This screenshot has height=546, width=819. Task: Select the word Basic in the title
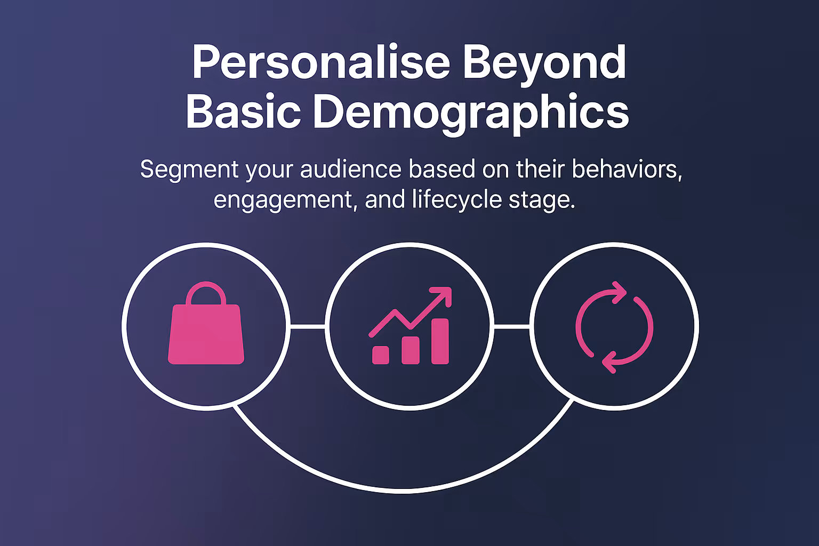click(243, 111)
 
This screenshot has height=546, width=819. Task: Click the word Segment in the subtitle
click(189, 170)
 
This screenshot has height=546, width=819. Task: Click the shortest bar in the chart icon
click(380, 355)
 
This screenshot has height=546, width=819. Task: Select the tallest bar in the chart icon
click(440, 341)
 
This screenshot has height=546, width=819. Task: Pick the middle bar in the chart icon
click(410, 350)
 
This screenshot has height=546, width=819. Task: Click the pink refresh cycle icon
click(614, 327)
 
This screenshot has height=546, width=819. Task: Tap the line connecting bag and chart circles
click(308, 326)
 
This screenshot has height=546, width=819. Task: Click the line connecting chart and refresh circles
click(511, 326)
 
